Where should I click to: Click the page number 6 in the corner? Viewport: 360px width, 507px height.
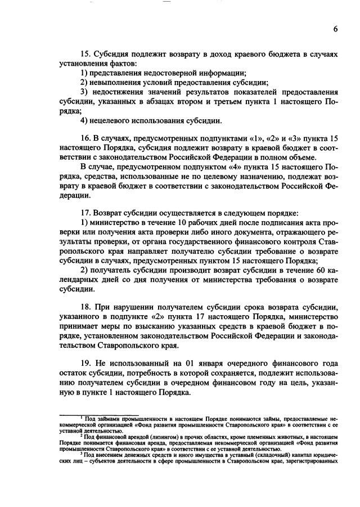coord(335,30)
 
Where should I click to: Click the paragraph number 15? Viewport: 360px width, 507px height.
coord(86,55)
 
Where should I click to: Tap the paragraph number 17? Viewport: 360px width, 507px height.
coord(86,214)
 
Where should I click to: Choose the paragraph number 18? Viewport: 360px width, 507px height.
coord(86,308)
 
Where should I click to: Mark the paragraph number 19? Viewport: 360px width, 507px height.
coord(86,364)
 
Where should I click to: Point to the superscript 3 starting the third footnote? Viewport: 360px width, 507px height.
coord(80,452)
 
